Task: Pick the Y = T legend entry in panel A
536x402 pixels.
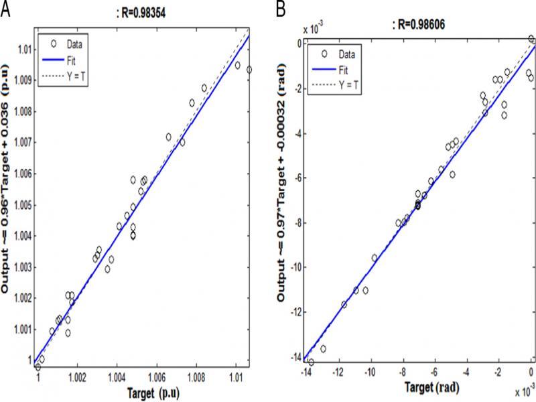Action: click(74, 80)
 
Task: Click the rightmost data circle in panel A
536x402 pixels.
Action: click(249, 69)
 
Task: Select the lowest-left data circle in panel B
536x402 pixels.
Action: click(311, 362)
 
